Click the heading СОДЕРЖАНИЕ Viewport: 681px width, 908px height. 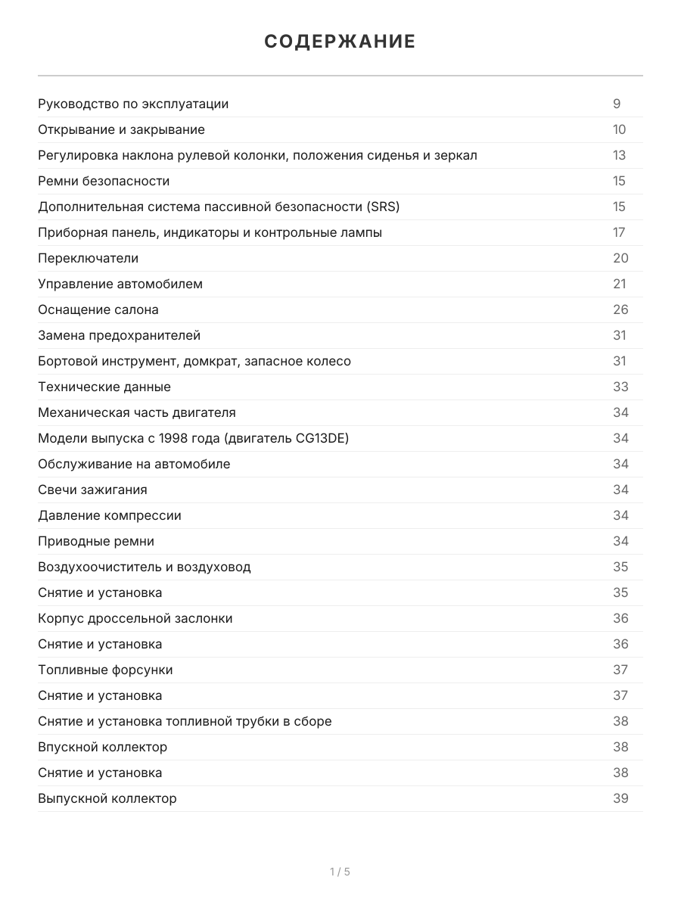pos(340,42)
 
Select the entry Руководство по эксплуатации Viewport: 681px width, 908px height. pos(133,104)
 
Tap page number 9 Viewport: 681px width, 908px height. pos(617,104)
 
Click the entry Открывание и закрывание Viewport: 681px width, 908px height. pos(121,129)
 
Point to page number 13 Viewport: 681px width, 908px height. pos(619,155)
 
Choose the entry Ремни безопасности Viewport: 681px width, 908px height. pos(104,181)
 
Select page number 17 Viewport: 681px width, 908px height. pos(619,232)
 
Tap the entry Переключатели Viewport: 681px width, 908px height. pos(88,258)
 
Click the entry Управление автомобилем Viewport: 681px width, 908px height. pos(120,284)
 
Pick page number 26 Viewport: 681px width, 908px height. pos(620,309)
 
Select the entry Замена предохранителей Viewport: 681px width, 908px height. pos(119,335)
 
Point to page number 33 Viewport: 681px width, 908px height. pos(620,387)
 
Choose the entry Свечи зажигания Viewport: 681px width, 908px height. pos(92,490)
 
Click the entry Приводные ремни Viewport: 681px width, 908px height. pos(96,541)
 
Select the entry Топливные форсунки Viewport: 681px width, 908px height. pos(105,670)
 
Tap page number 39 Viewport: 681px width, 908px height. pos(620,798)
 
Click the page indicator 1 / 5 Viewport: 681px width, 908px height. pos(340,872)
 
